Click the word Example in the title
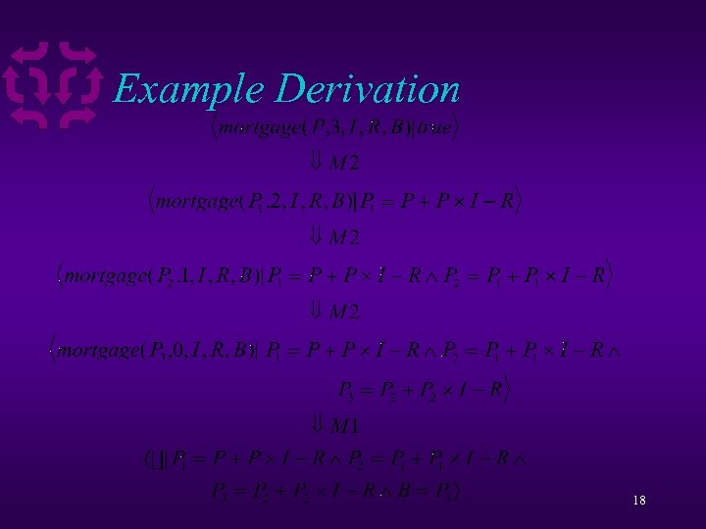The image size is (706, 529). point(189,90)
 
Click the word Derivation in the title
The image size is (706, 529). point(368,89)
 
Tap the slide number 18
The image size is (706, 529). point(639,501)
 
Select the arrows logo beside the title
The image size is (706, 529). point(53,85)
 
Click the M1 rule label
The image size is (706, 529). point(344,425)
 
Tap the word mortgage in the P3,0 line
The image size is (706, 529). point(98,350)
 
